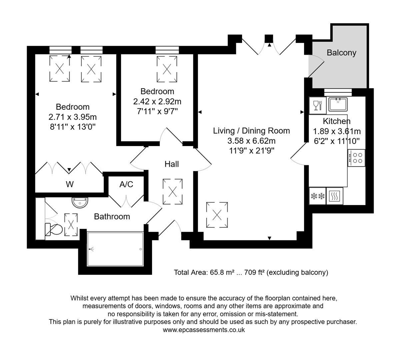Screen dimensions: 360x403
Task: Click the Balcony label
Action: click(x=341, y=53)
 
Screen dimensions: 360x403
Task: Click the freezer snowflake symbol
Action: click(x=317, y=196)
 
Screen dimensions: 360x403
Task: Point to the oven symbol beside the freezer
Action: click(x=334, y=196)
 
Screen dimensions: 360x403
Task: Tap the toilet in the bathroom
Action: click(x=54, y=229)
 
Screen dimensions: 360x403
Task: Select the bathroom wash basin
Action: click(x=80, y=202)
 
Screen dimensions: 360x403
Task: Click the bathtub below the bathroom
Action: click(x=115, y=249)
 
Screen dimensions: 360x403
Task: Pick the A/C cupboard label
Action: click(x=126, y=184)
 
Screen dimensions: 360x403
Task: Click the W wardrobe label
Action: click(x=69, y=184)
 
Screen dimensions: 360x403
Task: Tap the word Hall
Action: click(x=172, y=164)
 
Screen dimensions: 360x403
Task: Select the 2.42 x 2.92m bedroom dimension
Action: click(x=157, y=101)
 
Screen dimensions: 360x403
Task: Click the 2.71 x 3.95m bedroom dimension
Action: click(x=73, y=117)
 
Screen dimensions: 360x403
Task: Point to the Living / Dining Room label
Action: click(x=251, y=131)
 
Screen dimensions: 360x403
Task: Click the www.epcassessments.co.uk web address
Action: click(x=204, y=330)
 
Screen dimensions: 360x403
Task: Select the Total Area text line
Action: click(x=251, y=272)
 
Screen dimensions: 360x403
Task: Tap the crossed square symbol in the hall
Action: click(x=173, y=192)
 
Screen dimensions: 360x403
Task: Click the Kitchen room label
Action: click(x=336, y=121)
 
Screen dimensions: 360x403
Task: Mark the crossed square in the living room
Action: click(x=217, y=215)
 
